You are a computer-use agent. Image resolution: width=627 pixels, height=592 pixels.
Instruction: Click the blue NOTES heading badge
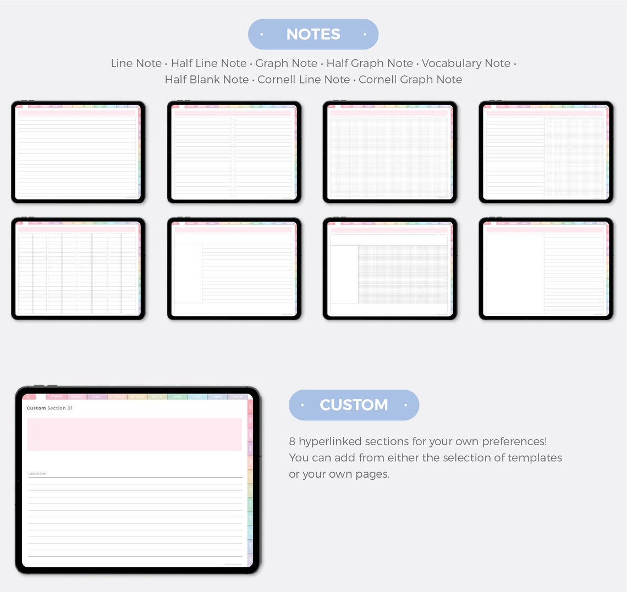[x=313, y=34]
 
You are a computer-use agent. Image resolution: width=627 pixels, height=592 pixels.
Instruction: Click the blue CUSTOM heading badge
[x=354, y=405]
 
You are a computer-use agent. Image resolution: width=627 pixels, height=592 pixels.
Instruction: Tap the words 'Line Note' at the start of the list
[x=136, y=63]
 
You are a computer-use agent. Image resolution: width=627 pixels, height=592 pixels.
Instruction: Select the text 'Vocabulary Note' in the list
[x=466, y=63]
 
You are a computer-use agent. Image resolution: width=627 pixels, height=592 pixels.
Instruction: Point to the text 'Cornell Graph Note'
[x=410, y=80]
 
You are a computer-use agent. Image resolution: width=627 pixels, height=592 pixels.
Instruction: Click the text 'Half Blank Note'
[x=207, y=80]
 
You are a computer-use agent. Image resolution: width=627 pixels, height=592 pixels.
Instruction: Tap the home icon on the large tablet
[x=29, y=396]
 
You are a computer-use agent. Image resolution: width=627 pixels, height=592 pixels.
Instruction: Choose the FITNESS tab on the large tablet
[x=57, y=396]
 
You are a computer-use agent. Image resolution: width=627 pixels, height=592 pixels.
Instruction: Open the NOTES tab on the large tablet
[x=177, y=396]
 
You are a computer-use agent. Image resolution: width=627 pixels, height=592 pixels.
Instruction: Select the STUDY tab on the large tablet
[x=197, y=396]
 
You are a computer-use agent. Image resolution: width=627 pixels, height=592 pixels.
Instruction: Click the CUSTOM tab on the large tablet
[x=237, y=396]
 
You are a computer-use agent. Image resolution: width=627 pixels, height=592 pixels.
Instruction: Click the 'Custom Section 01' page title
[x=50, y=408]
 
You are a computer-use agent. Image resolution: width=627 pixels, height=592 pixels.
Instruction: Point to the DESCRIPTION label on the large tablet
[x=37, y=473]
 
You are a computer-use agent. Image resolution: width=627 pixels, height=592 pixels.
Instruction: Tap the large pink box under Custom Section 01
[x=134, y=434]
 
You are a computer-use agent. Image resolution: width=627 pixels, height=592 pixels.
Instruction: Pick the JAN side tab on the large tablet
[x=250, y=407]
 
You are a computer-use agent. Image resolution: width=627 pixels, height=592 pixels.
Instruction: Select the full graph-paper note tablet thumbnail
[x=389, y=152]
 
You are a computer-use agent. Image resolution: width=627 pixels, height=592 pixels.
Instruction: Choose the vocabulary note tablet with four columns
[x=78, y=269]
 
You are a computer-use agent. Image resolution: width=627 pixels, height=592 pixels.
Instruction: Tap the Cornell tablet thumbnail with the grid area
[x=389, y=269]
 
